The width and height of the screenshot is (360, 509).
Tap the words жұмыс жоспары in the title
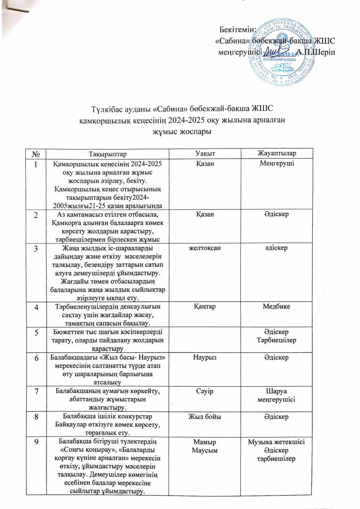(180, 131)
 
